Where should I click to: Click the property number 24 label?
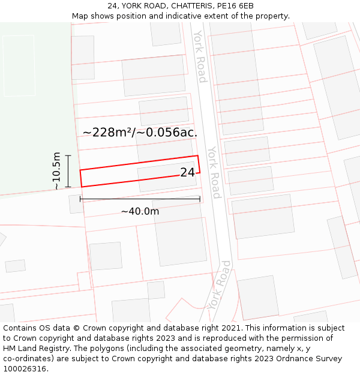point(187,172)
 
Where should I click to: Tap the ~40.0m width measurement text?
point(140,211)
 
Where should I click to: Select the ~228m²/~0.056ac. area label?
point(140,132)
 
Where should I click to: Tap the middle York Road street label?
point(214,172)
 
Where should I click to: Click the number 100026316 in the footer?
point(26,369)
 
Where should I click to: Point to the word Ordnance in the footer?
point(290,359)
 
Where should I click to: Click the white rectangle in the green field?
point(19,57)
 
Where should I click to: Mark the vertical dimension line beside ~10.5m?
point(68,171)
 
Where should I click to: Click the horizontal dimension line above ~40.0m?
point(140,199)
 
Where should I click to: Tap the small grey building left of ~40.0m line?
point(76,204)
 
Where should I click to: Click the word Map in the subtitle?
point(80,16)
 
